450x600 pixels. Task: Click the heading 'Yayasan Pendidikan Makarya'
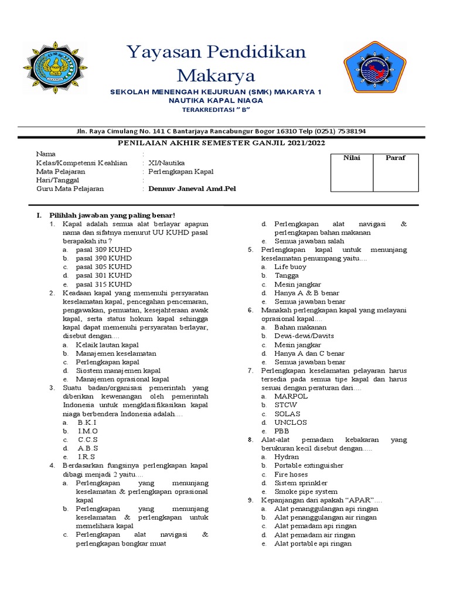(x=216, y=63)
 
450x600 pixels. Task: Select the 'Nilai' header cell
(x=352, y=158)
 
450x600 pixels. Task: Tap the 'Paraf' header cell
(x=396, y=158)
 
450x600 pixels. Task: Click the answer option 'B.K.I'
(x=87, y=422)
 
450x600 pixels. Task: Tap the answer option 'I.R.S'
(x=86, y=457)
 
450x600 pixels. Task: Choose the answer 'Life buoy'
(x=287, y=267)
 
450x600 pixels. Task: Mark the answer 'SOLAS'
(x=287, y=414)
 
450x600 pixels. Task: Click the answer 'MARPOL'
(x=291, y=397)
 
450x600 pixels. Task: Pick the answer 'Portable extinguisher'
(x=309, y=466)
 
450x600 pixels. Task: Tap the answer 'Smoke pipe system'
(x=306, y=492)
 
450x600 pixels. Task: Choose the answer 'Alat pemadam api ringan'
(x=315, y=526)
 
